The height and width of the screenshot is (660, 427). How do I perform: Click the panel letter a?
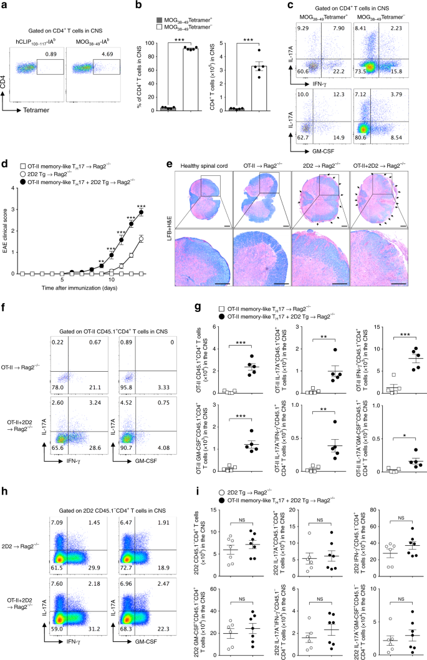[x=4, y=6]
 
